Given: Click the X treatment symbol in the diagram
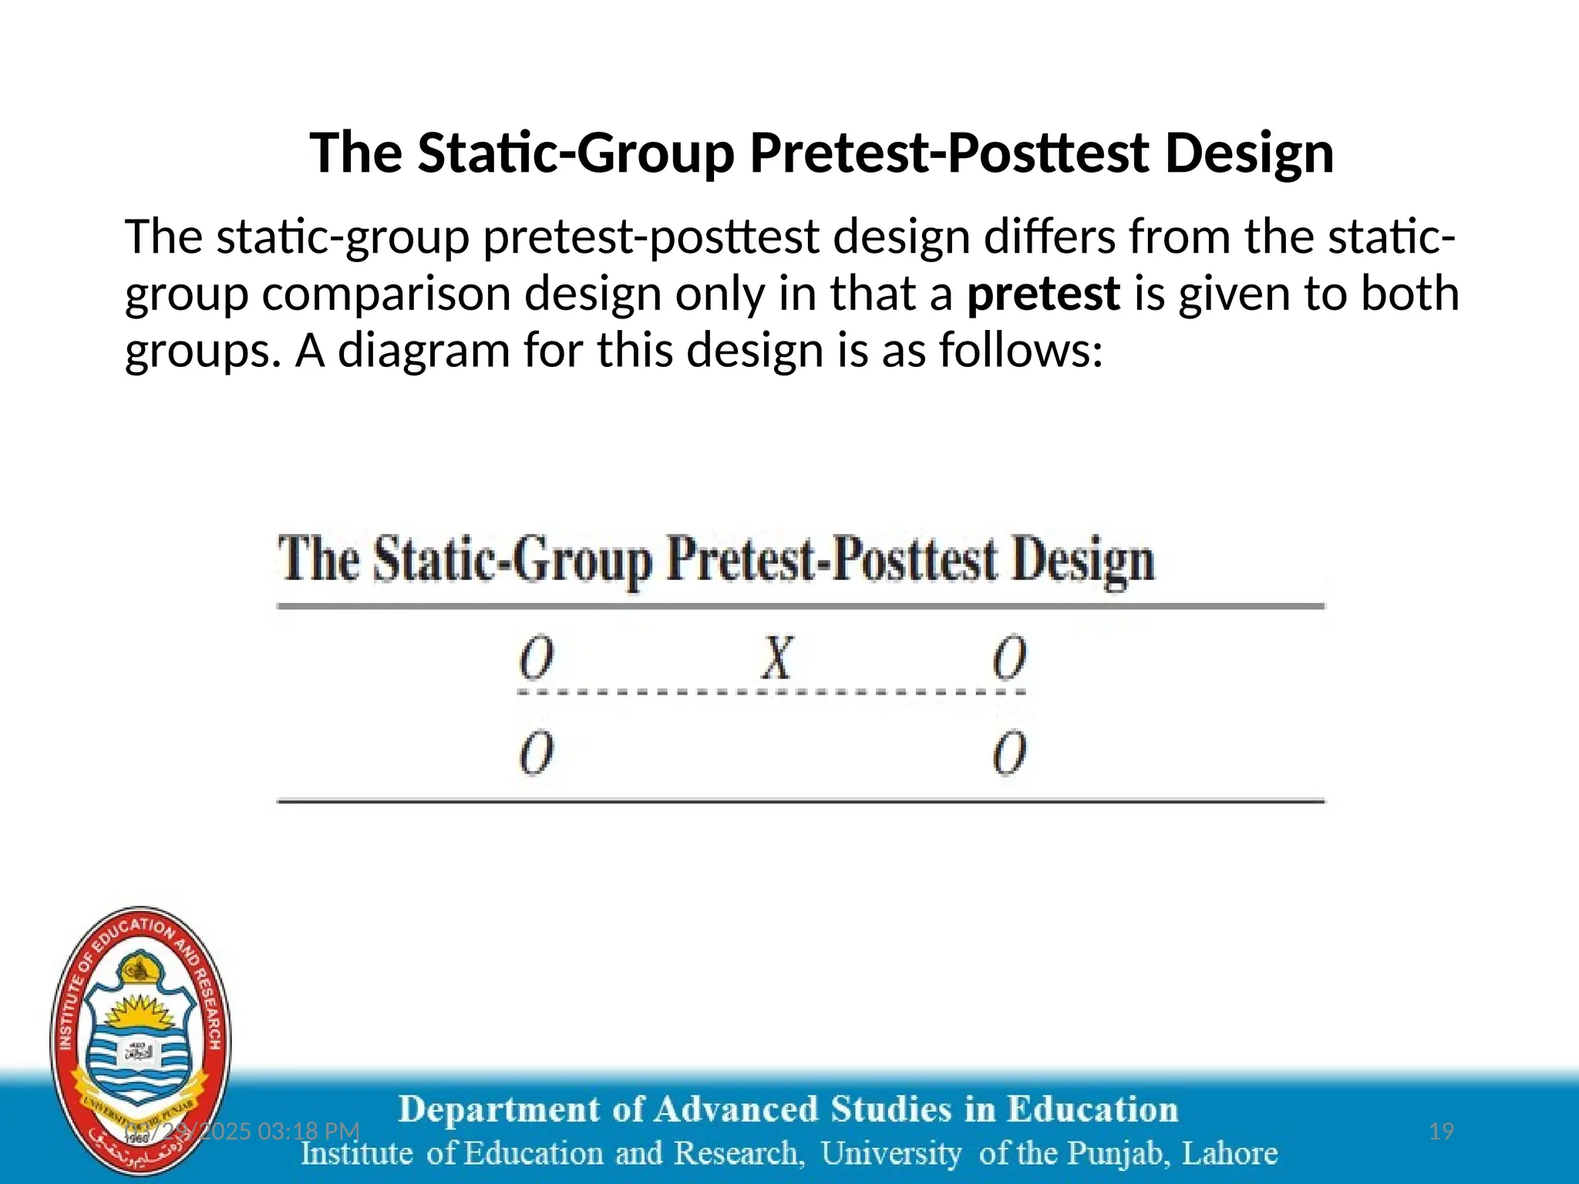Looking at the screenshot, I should [x=777, y=658].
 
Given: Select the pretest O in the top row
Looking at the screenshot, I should [x=537, y=658].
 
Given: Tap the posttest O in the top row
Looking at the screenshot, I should [x=1009, y=658].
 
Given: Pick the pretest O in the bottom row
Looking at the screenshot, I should [x=537, y=752].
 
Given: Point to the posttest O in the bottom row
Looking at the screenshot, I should [x=1009, y=752].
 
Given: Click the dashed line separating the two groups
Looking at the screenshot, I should [x=771, y=692].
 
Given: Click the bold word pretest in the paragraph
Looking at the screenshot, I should [x=1043, y=294].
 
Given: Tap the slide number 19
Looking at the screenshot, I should [x=1441, y=1131].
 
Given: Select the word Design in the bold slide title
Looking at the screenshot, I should [x=1249, y=153].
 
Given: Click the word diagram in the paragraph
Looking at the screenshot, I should [x=424, y=351].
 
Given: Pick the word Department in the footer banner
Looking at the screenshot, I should [x=500, y=1110].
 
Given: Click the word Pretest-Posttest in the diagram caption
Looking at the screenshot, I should [x=832, y=560].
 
